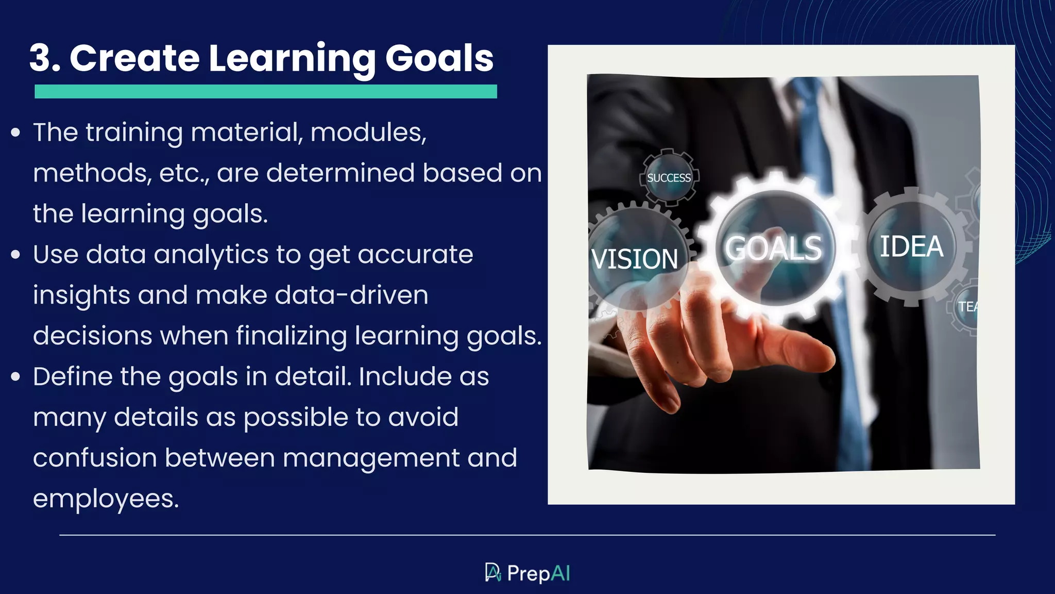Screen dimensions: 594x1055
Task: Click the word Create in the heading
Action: (134, 58)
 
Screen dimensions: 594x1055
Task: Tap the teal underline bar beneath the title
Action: (265, 92)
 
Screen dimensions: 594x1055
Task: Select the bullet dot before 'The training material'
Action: (15, 133)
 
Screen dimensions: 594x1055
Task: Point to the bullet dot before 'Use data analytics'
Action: (15, 255)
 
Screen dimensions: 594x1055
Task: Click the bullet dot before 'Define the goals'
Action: (15, 377)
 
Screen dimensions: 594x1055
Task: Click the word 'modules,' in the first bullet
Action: (368, 133)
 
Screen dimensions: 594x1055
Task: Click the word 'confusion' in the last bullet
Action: (95, 458)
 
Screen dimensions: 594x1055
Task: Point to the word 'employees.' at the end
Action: (106, 499)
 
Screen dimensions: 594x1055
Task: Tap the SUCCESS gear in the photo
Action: (669, 178)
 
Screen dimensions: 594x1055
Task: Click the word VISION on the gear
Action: (634, 259)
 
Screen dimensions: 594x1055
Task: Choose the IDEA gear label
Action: (911, 246)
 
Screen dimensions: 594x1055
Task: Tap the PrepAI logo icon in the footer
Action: (493, 572)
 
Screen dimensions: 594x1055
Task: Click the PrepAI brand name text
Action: (538, 573)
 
